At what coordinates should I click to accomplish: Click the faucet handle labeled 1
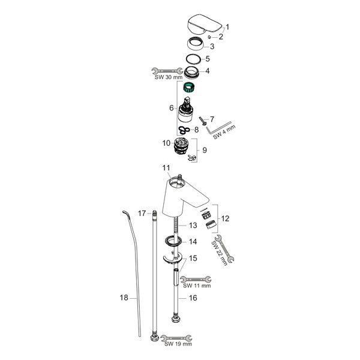pyautogui.click(x=205, y=25)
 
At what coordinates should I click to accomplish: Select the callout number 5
pyautogui.click(x=208, y=59)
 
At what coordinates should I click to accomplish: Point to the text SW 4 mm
pyautogui.click(x=224, y=132)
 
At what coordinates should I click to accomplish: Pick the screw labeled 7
pyautogui.click(x=203, y=121)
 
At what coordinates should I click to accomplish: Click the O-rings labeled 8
pyautogui.click(x=184, y=130)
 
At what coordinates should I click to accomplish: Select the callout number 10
pyautogui.click(x=166, y=143)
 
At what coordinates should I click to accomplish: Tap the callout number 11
pyautogui.click(x=166, y=168)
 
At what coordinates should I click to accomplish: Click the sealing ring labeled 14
pyautogui.click(x=173, y=241)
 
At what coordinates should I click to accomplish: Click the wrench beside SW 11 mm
pyautogui.click(x=196, y=280)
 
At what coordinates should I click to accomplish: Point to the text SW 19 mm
pyautogui.click(x=178, y=344)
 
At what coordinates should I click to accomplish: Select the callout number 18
pyautogui.click(x=124, y=298)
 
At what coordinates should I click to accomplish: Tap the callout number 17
pyautogui.click(x=142, y=214)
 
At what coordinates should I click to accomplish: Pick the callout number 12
pyautogui.click(x=225, y=218)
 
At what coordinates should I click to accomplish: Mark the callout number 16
pyautogui.click(x=193, y=298)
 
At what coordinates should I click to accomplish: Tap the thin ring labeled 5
pyautogui.click(x=193, y=59)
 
